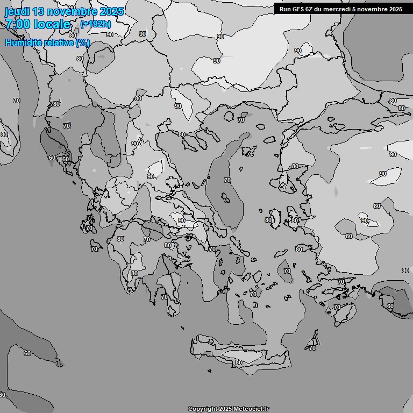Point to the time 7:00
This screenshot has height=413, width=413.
coord(18,24)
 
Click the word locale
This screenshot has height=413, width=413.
coord(52,24)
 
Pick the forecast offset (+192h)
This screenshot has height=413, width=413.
coord(96,24)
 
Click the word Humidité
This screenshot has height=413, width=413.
coord(23,42)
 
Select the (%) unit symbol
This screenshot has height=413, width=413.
coord(82,42)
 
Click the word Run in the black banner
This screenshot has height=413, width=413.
coord(285,9)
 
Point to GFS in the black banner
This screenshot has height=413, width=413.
coord(297,9)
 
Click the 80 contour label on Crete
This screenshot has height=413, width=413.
coord(238,363)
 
